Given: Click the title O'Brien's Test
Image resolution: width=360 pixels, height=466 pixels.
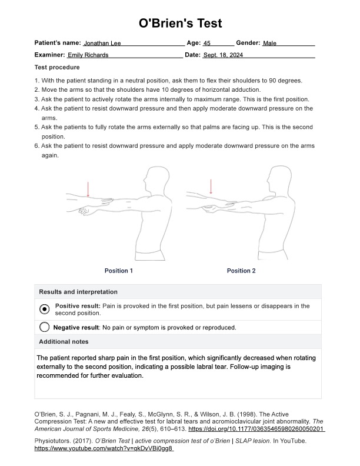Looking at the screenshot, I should click(180, 24).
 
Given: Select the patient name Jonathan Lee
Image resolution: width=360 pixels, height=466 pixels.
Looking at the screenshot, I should click(104, 44).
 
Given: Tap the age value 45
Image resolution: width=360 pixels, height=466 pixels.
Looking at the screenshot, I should click(206, 44).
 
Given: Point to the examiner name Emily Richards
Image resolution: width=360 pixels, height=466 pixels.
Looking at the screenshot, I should click(88, 55).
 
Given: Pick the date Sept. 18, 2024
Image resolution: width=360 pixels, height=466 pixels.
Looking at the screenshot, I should click(223, 55).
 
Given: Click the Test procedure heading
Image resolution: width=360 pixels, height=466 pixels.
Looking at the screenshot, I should click(57, 67).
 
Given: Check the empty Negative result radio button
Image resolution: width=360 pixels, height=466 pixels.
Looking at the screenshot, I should click(44, 328).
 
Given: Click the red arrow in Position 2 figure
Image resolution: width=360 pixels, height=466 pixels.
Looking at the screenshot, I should click(211, 187).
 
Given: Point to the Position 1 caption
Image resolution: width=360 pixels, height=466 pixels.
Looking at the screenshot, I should click(119, 271).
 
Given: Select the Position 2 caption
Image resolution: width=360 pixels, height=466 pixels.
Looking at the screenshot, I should click(241, 271).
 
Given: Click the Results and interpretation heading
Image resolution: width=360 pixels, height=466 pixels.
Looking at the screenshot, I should click(78, 292).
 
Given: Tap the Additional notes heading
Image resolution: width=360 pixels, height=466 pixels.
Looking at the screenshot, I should click(64, 342).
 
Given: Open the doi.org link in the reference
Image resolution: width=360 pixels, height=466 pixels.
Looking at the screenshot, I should click(256, 430).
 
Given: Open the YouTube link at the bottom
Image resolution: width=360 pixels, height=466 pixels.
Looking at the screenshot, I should click(104, 448).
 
